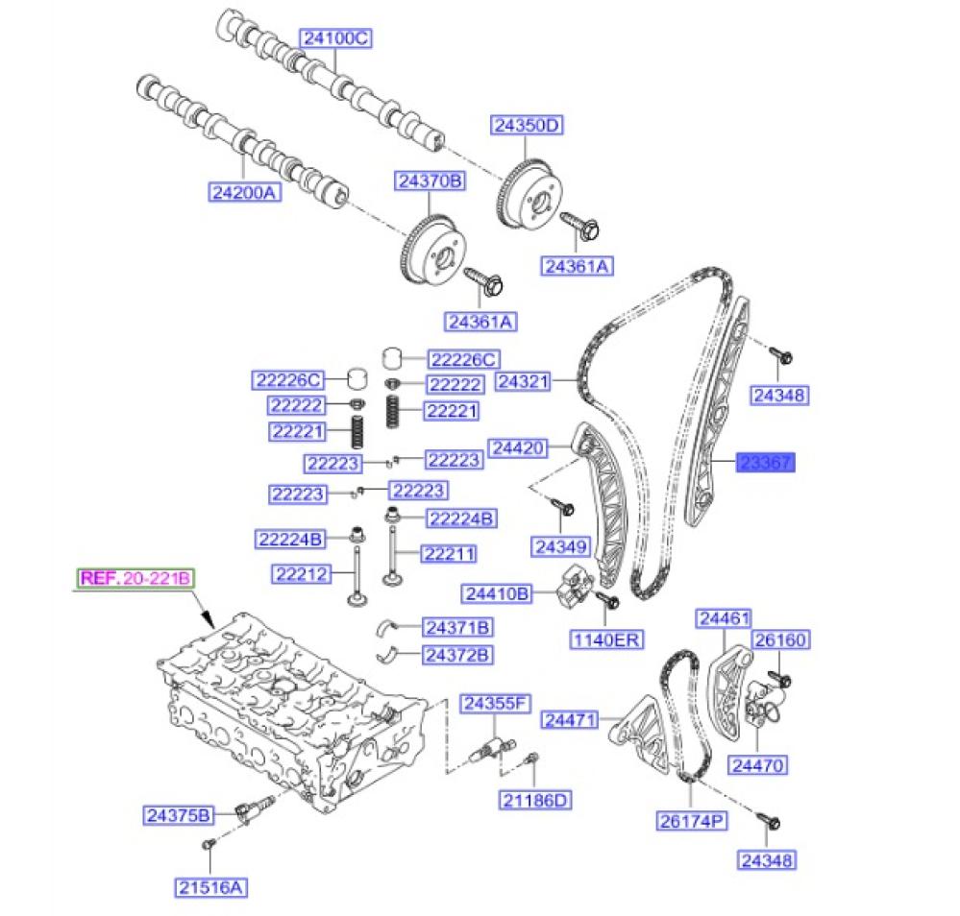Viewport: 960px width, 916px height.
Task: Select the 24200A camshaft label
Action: (244, 192)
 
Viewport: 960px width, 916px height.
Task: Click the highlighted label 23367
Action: (766, 464)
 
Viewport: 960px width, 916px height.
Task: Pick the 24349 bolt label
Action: (559, 547)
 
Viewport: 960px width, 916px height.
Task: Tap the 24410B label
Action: (497, 593)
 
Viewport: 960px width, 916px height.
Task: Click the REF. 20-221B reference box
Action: (136, 578)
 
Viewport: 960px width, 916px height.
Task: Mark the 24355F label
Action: (494, 704)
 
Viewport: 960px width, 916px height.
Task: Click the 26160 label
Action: (780, 639)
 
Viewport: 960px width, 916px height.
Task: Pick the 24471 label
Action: (571, 719)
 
